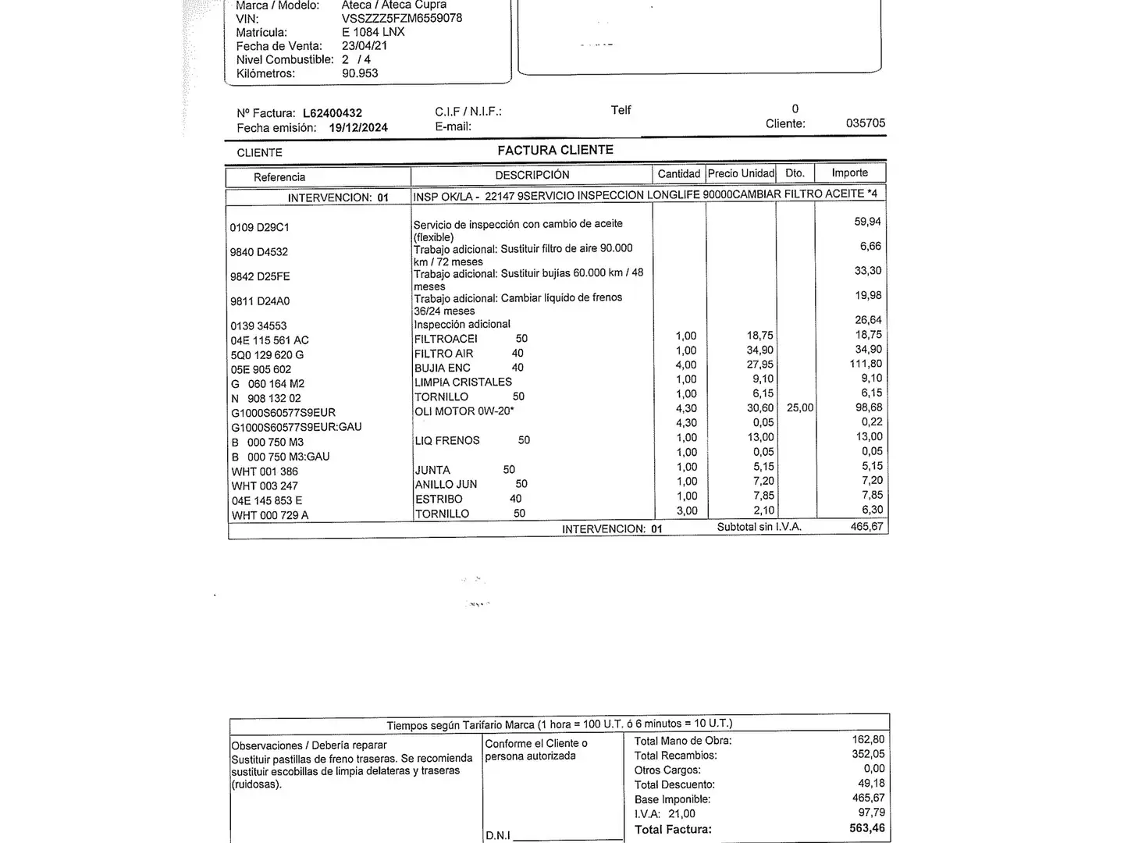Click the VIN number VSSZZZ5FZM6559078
tap(401, 18)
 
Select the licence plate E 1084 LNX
tap(373, 32)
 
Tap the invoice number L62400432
tap(333, 113)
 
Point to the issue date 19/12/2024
tap(358, 128)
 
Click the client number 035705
tap(866, 123)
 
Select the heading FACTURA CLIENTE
tap(555, 150)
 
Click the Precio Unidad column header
tap(741, 173)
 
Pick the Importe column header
tap(849, 173)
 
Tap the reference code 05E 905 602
tap(261, 369)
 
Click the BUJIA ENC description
tap(443, 368)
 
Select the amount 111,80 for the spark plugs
tap(866, 364)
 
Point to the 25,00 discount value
tap(800, 407)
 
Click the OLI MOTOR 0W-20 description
tap(464, 411)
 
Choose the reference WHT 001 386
tap(265, 471)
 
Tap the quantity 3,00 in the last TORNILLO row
tap(686, 510)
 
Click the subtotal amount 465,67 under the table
tap(866, 527)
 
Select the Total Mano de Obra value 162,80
tap(868, 739)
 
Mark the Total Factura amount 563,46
tap(867, 828)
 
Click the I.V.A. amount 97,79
tap(871, 813)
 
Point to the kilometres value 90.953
tap(360, 73)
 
